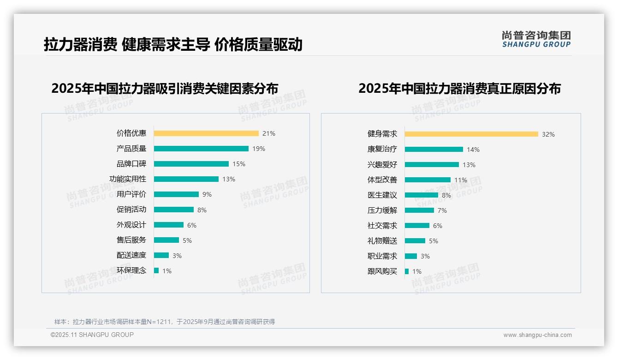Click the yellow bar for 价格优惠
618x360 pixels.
click(206, 133)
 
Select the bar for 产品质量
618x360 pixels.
click(201, 149)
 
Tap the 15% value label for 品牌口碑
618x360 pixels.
click(239, 164)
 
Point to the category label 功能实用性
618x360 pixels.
click(128, 179)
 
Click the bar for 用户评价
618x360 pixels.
click(176, 194)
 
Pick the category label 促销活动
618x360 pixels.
click(131, 210)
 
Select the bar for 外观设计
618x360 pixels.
click(169, 225)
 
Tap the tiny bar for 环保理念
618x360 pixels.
click(156, 270)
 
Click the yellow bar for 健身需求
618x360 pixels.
click(471, 134)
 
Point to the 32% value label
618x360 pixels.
click(548, 134)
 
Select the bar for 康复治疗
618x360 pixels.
click(434, 150)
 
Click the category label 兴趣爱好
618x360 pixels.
click(382, 165)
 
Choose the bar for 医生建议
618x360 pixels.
click(422, 195)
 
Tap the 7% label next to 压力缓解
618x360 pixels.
click(442, 210)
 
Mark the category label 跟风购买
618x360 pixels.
click(382, 271)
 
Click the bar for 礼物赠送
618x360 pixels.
click(415, 241)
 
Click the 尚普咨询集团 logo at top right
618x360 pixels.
click(536, 39)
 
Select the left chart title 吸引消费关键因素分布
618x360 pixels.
click(165, 89)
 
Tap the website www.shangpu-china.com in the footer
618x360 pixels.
click(537, 335)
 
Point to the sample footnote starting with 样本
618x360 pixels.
click(165, 322)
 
